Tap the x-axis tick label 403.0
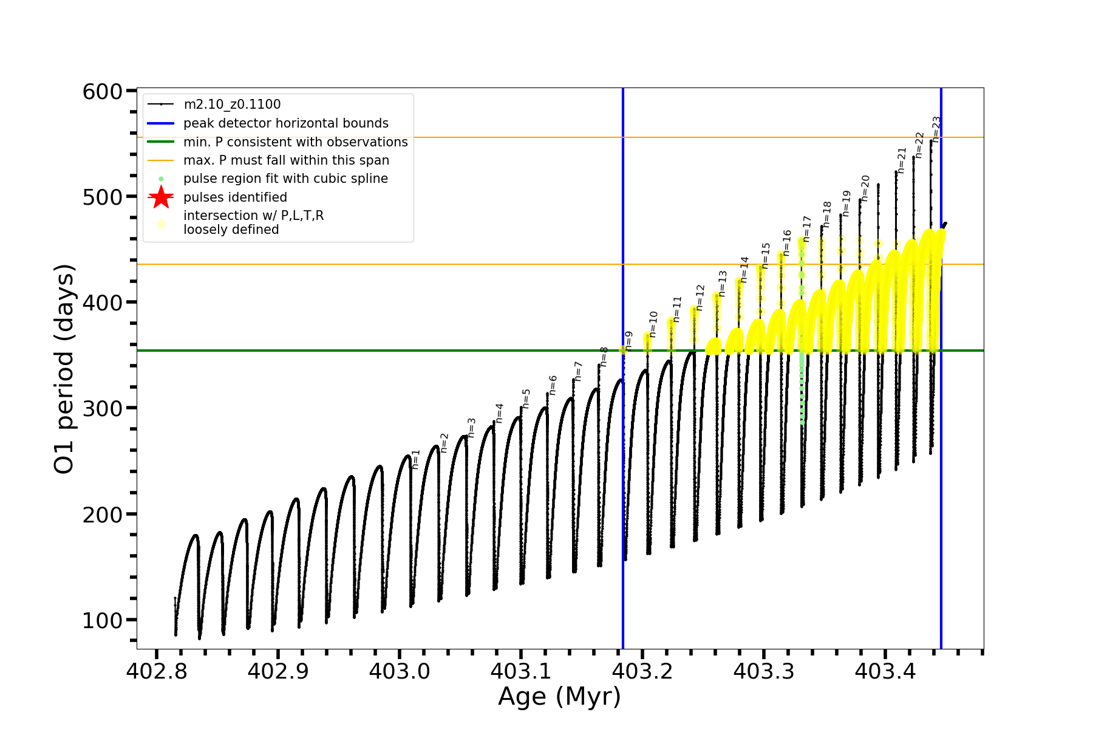point(399,671)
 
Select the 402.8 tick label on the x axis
point(156,671)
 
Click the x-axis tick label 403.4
point(885,671)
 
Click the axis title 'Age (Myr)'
point(559,696)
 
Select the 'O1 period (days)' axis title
point(64,369)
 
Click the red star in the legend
point(161,197)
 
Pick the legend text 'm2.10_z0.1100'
point(232,104)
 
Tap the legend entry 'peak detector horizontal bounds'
point(285,123)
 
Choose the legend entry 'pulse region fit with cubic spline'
point(285,179)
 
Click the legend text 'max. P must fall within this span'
point(286,160)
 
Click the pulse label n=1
point(416,459)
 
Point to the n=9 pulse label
point(629,340)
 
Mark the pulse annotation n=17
point(807,228)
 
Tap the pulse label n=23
point(937,129)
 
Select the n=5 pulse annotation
point(526,399)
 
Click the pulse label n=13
point(723,284)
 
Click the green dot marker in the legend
point(161,179)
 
